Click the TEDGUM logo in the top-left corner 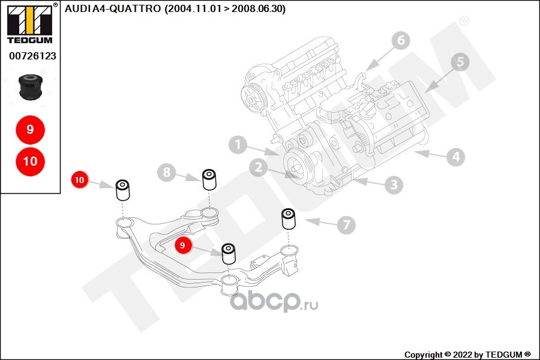[x=29, y=23]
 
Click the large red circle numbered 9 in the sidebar [x=30, y=129]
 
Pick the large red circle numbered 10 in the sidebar [x=30, y=161]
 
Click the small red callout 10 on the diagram [x=80, y=179]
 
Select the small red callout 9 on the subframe [x=184, y=244]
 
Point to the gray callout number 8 [x=167, y=173]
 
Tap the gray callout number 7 [x=346, y=225]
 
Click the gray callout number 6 [x=401, y=41]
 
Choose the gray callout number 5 [x=460, y=61]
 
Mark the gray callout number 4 [x=455, y=157]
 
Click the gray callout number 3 [x=394, y=184]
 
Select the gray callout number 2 [x=259, y=169]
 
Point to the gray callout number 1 [x=238, y=145]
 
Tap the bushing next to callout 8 [x=209, y=179]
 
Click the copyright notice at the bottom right [x=467, y=354]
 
